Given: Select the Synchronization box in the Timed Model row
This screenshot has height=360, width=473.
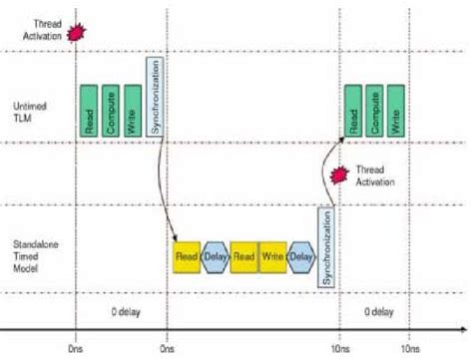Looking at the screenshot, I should tap(324, 245).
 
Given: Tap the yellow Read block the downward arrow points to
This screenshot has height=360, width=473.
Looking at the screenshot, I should tap(186, 256).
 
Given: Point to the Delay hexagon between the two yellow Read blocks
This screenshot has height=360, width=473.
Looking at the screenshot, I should tap(215, 256).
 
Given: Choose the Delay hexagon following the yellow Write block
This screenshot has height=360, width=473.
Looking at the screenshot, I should tap(300, 256).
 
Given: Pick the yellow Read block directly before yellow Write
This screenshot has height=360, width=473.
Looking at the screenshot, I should tap(243, 256).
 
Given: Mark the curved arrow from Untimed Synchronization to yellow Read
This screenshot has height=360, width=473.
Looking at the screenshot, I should tap(165, 189).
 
